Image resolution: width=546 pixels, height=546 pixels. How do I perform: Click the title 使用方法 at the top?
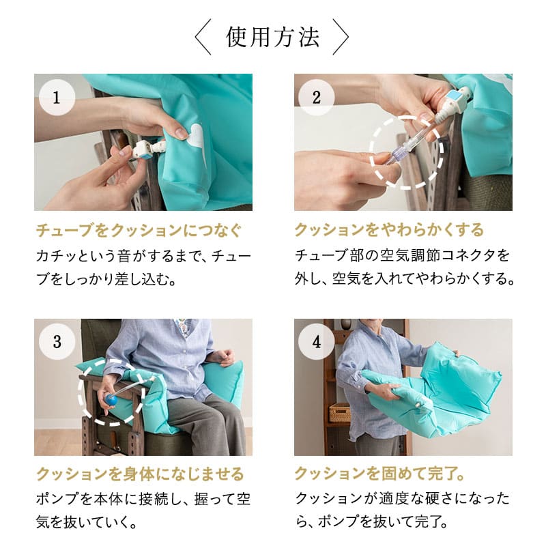point(272,38)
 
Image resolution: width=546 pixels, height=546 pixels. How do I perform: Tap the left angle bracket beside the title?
point(203,38)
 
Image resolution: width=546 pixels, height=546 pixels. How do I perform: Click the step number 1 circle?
point(55,96)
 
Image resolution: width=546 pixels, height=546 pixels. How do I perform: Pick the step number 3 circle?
point(55,341)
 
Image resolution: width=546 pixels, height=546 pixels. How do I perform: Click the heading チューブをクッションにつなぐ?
point(138,229)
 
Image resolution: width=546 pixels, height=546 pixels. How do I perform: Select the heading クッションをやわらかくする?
point(388,229)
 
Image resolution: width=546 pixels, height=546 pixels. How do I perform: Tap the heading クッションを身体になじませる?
point(139,474)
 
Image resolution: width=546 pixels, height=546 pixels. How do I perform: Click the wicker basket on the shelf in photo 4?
point(340,412)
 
